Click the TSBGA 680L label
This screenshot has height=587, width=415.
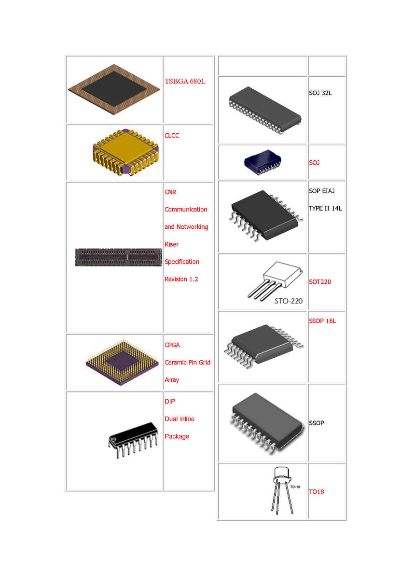(x=185, y=81)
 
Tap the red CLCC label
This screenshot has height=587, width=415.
(x=172, y=136)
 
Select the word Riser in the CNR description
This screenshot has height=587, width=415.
(x=171, y=244)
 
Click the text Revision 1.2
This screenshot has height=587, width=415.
(x=181, y=279)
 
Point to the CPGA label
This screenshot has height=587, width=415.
(x=172, y=345)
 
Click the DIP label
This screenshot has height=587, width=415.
(x=170, y=402)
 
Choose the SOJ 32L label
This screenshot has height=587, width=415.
(x=320, y=93)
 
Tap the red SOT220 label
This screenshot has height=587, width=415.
(x=320, y=282)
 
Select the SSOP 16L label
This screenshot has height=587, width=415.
(x=322, y=321)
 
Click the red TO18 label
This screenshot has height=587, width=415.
(x=316, y=491)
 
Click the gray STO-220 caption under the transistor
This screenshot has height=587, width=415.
(x=289, y=301)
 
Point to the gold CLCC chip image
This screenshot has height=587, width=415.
(x=126, y=152)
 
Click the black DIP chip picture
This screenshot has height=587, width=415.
(x=133, y=440)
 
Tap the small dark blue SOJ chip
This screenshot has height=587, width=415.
(x=263, y=162)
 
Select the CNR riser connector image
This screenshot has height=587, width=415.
(x=118, y=257)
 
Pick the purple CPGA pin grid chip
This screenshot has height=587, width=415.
(x=122, y=363)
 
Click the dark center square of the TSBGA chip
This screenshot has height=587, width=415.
(x=114, y=89)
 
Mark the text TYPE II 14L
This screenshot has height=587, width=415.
(x=325, y=209)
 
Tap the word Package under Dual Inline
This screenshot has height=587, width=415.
(x=177, y=436)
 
